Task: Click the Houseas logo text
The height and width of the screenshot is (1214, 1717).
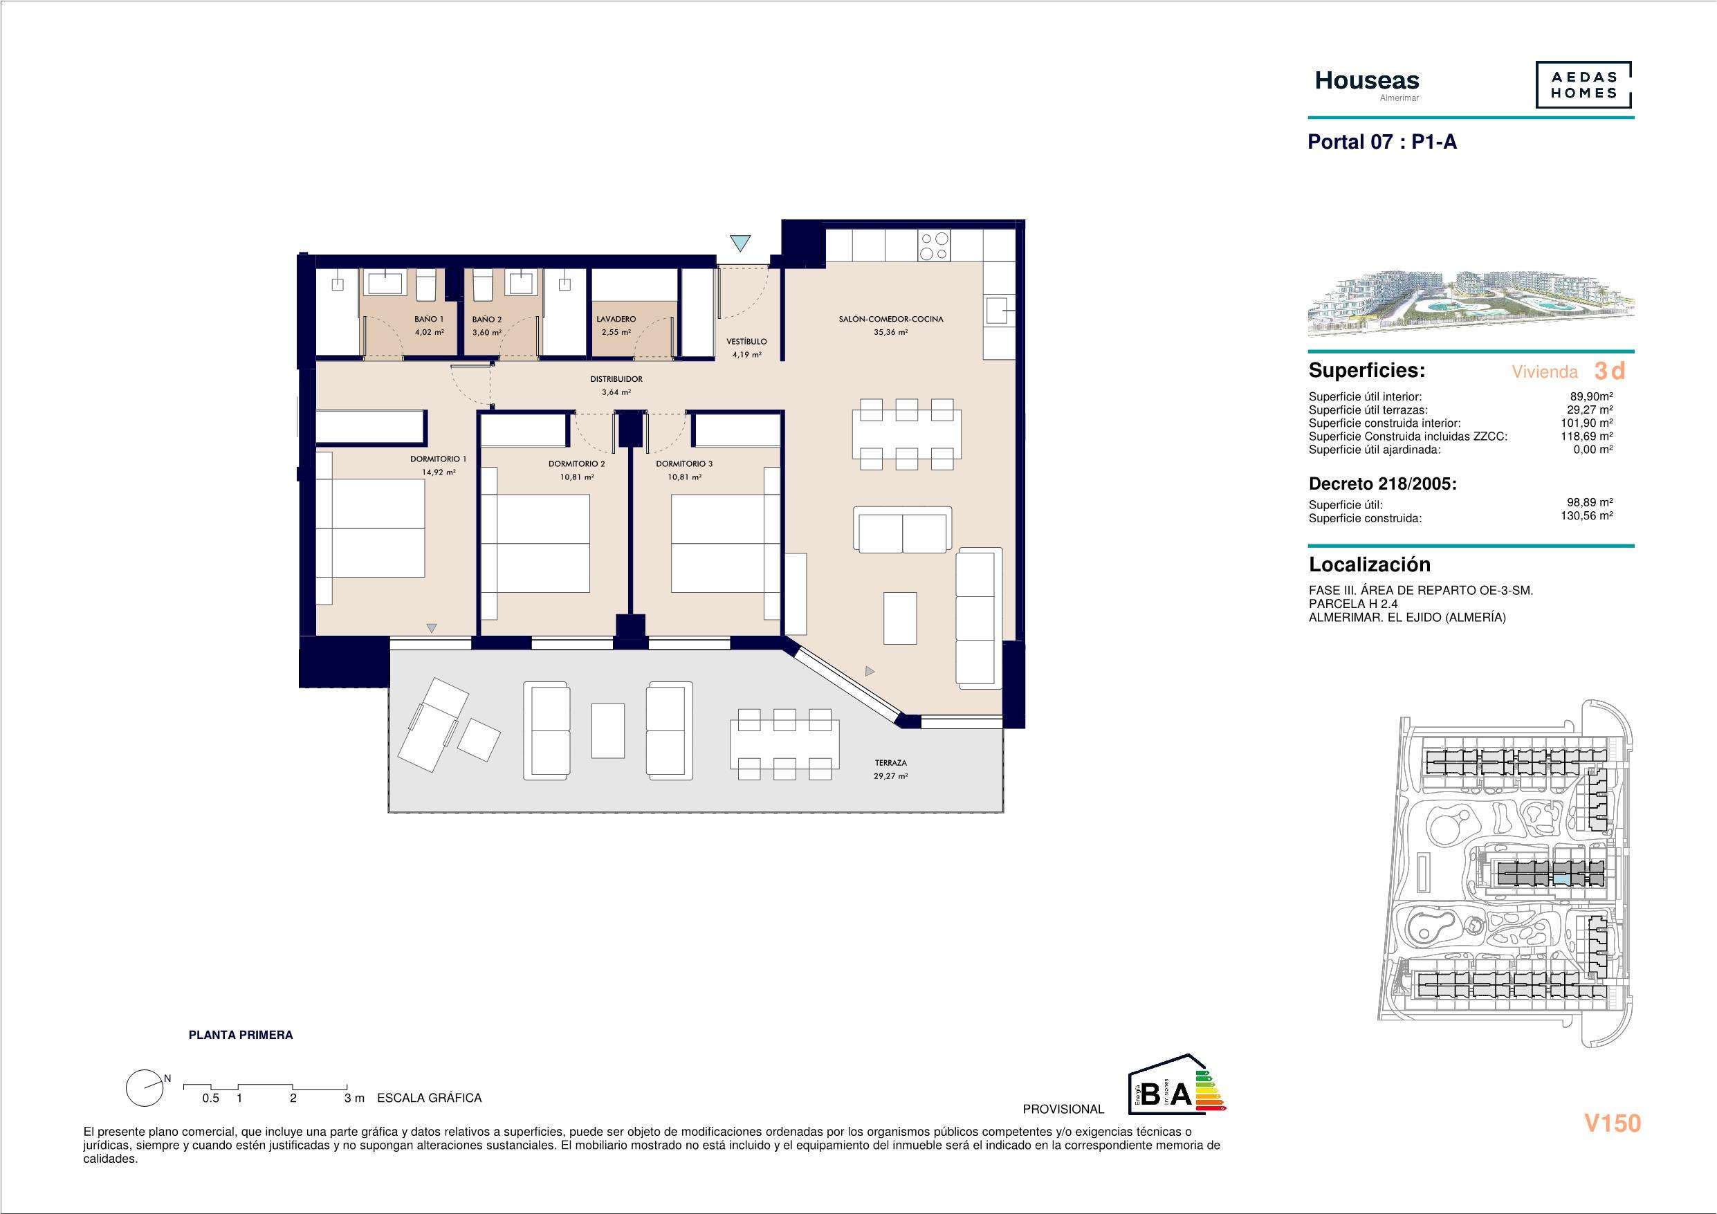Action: coord(1367,80)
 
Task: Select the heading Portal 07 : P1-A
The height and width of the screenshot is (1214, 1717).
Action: coord(1382,142)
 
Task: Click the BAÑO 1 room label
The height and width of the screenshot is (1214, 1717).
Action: coord(428,320)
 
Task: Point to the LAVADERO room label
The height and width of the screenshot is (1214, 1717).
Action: coord(616,320)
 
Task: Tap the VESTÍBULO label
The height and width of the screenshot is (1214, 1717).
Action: coord(746,342)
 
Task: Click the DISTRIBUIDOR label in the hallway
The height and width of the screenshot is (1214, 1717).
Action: coord(616,379)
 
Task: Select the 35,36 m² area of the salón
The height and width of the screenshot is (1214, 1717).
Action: coord(890,333)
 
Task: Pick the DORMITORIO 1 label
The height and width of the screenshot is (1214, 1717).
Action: coord(438,459)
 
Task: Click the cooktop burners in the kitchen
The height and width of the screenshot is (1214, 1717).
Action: coord(934,247)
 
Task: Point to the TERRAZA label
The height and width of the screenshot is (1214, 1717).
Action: coord(890,763)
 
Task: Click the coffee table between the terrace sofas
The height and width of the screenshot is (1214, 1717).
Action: coord(608,730)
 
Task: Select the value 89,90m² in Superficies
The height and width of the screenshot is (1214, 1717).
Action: coord(1591,397)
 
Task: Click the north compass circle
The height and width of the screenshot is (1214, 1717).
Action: coord(145,1088)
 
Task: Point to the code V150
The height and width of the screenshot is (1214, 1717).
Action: coord(1613,1123)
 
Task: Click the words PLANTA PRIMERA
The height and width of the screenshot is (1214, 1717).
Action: coord(241,1036)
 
